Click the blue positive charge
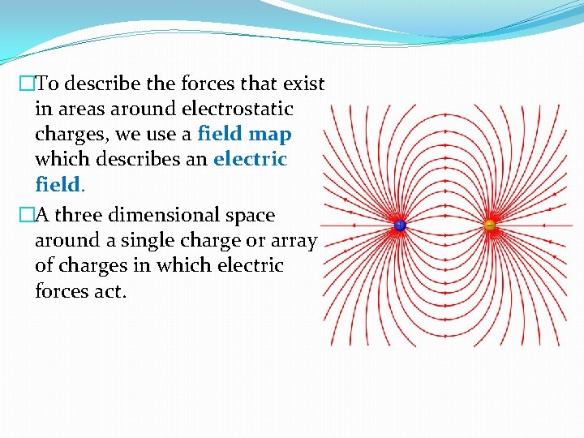[400, 225]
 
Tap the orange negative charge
[489, 225]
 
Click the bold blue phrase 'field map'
[244, 134]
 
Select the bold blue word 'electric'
[250, 159]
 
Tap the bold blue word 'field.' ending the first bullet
[60, 184]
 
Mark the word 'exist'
[302, 84]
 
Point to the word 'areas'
[81, 109]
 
